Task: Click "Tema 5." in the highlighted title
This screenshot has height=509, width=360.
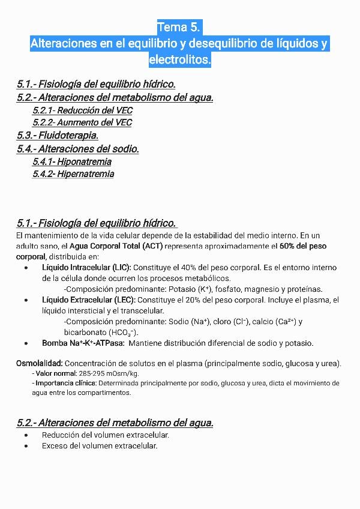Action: pyautogui.click(x=179, y=28)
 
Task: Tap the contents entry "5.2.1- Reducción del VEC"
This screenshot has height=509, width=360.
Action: pyautogui.click(x=82, y=110)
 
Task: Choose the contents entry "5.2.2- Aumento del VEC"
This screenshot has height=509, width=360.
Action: pyautogui.click(x=82, y=122)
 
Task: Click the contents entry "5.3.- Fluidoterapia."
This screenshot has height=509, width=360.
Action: pyautogui.click(x=58, y=136)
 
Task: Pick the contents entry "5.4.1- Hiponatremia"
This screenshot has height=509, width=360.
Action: pyautogui.click(x=72, y=161)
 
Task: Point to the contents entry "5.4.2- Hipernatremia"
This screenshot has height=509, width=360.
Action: pyautogui.click(x=73, y=174)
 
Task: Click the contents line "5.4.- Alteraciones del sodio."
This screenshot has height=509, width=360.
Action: pyautogui.click(x=78, y=149)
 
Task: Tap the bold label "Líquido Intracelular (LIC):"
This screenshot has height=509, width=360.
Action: pyautogui.click(x=86, y=267)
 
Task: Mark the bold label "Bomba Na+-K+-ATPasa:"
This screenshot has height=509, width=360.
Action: pyautogui.click(x=83, y=343)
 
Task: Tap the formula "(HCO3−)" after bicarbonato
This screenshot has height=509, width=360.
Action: pyautogui.click(x=124, y=333)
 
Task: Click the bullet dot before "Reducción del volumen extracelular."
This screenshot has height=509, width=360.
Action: pyautogui.click(x=26, y=435)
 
